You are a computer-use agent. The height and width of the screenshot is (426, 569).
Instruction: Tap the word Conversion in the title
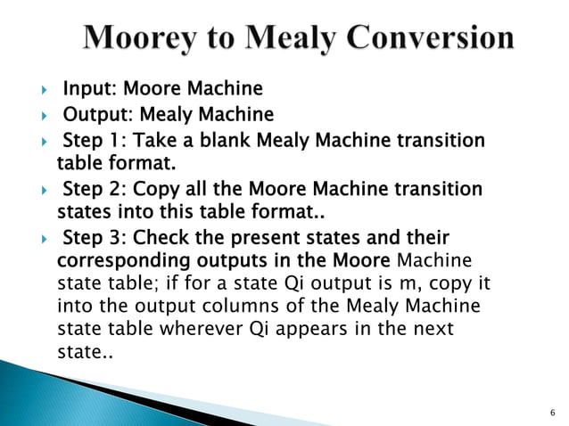[x=429, y=37]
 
